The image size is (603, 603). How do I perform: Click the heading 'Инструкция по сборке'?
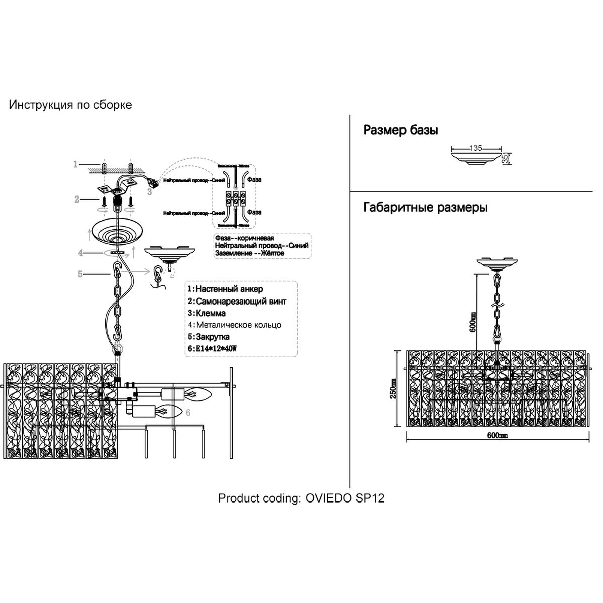click(x=70, y=105)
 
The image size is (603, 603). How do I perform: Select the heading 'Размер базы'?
click(x=400, y=131)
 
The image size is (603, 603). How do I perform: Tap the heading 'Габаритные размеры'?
click(x=425, y=207)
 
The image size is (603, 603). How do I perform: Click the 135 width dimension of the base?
click(x=475, y=148)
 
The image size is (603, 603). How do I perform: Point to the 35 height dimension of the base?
click(x=506, y=158)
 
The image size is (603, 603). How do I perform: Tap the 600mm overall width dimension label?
click(x=497, y=436)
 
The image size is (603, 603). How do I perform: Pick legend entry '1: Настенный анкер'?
click(x=225, y=289)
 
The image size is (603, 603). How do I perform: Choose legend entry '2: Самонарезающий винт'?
click(x=237, y=301)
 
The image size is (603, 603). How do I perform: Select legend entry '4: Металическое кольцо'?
click(x=234, y=325)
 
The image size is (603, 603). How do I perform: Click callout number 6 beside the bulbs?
click(x=188, y=412)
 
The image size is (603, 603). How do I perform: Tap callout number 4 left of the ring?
click(x=80, y=253)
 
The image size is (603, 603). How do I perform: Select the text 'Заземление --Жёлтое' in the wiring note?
click(x=249, y=253)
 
